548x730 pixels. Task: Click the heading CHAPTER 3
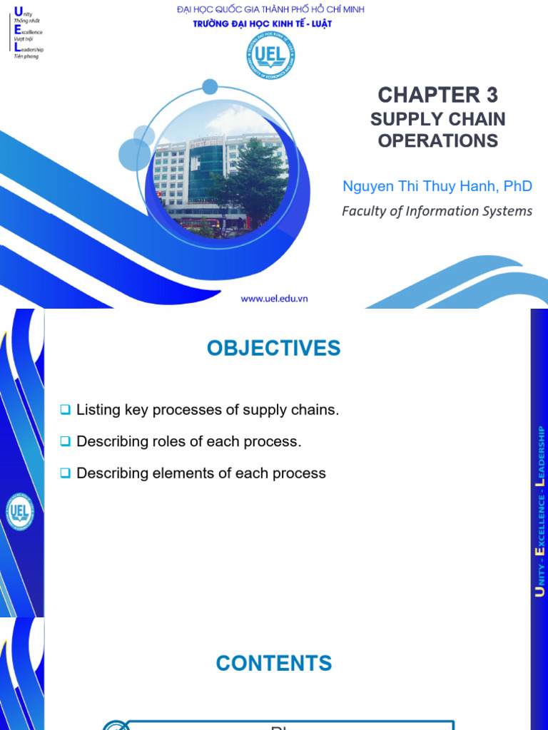tap(437, 95)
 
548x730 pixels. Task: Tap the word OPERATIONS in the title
tap(437, 140)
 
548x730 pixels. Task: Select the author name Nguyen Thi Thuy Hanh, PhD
tap(437, 186)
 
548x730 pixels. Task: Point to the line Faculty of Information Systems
tap(437, 211)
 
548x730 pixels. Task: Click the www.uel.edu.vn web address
tap(274, 299)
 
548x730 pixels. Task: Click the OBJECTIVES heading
tap(274, 349)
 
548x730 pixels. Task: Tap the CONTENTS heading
tap(274, 664)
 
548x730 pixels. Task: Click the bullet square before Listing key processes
tap(65, 410)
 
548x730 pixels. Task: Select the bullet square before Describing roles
tap(65, 441)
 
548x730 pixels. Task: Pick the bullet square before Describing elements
tap(65, 473)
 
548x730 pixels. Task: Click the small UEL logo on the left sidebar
tap(19, 513)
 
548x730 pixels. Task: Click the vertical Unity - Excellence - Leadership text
tap(541, 510)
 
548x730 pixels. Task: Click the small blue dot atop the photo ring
tap(210, 87)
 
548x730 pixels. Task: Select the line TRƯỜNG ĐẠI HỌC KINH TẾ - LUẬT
tap(263, 24)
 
